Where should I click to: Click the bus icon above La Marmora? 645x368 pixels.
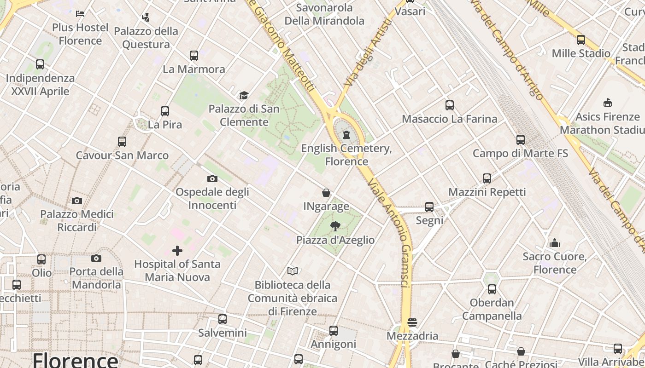(194, 56)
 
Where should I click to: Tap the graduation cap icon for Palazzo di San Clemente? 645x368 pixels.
(244, 95)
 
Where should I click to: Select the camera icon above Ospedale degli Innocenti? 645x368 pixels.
(212, 178)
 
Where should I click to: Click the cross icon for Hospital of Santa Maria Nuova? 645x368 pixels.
(177, 251)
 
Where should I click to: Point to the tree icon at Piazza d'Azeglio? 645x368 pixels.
(335, 226)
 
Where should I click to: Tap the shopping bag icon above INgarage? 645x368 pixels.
(326, 193)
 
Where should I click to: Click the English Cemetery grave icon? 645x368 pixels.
(346, 135)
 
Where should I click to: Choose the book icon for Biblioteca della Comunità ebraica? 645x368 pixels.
(293, 271)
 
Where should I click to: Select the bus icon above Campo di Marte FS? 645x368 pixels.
(521, 140)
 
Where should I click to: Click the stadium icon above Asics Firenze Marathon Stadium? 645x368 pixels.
(608, 103)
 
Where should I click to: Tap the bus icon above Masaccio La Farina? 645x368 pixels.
(450, 105)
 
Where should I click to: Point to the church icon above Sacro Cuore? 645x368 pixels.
(555, 243)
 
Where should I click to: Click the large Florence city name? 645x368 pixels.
(75, 360)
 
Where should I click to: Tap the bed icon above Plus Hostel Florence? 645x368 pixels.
(80, 14)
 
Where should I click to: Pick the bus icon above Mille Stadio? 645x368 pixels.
(581, 40)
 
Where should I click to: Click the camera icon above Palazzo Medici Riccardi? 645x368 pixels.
(77, 201)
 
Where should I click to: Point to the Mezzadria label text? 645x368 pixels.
(412, 336)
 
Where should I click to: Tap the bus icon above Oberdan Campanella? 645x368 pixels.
(492, 289)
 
